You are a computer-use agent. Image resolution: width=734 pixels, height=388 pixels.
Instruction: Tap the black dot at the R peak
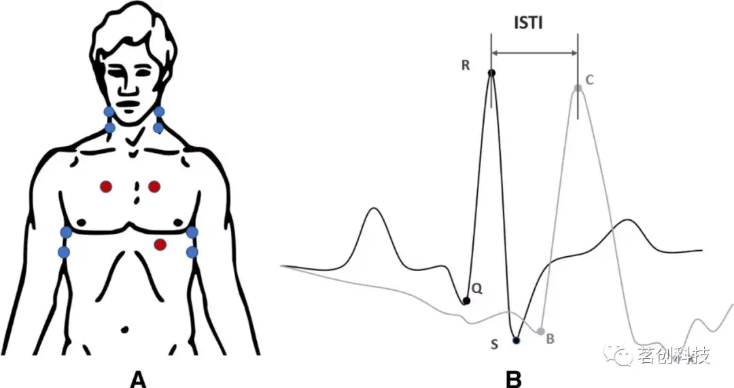[491, 72]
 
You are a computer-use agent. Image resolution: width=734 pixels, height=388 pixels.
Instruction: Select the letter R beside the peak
[466, 65]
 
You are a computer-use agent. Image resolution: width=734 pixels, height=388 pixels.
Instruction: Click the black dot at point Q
[466, 301]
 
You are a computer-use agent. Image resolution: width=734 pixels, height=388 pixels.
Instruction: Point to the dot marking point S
[516, 340]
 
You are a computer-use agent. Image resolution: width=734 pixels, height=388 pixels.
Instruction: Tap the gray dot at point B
[541, 332]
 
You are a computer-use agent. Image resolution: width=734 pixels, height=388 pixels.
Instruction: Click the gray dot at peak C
[578, 88]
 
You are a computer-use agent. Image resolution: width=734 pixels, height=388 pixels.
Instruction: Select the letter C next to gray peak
[589, 80]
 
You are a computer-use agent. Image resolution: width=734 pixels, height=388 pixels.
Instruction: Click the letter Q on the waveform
[477, 289]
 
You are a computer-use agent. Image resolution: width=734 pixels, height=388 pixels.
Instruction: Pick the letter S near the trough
[495, 345]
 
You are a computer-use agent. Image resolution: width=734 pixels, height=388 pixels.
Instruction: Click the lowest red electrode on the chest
[160, 244]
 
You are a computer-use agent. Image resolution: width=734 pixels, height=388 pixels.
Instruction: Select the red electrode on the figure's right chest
[106, 186]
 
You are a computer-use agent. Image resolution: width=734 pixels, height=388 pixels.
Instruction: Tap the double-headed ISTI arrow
[534, 52]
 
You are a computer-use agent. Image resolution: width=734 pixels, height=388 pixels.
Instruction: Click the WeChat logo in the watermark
[622, 354]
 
